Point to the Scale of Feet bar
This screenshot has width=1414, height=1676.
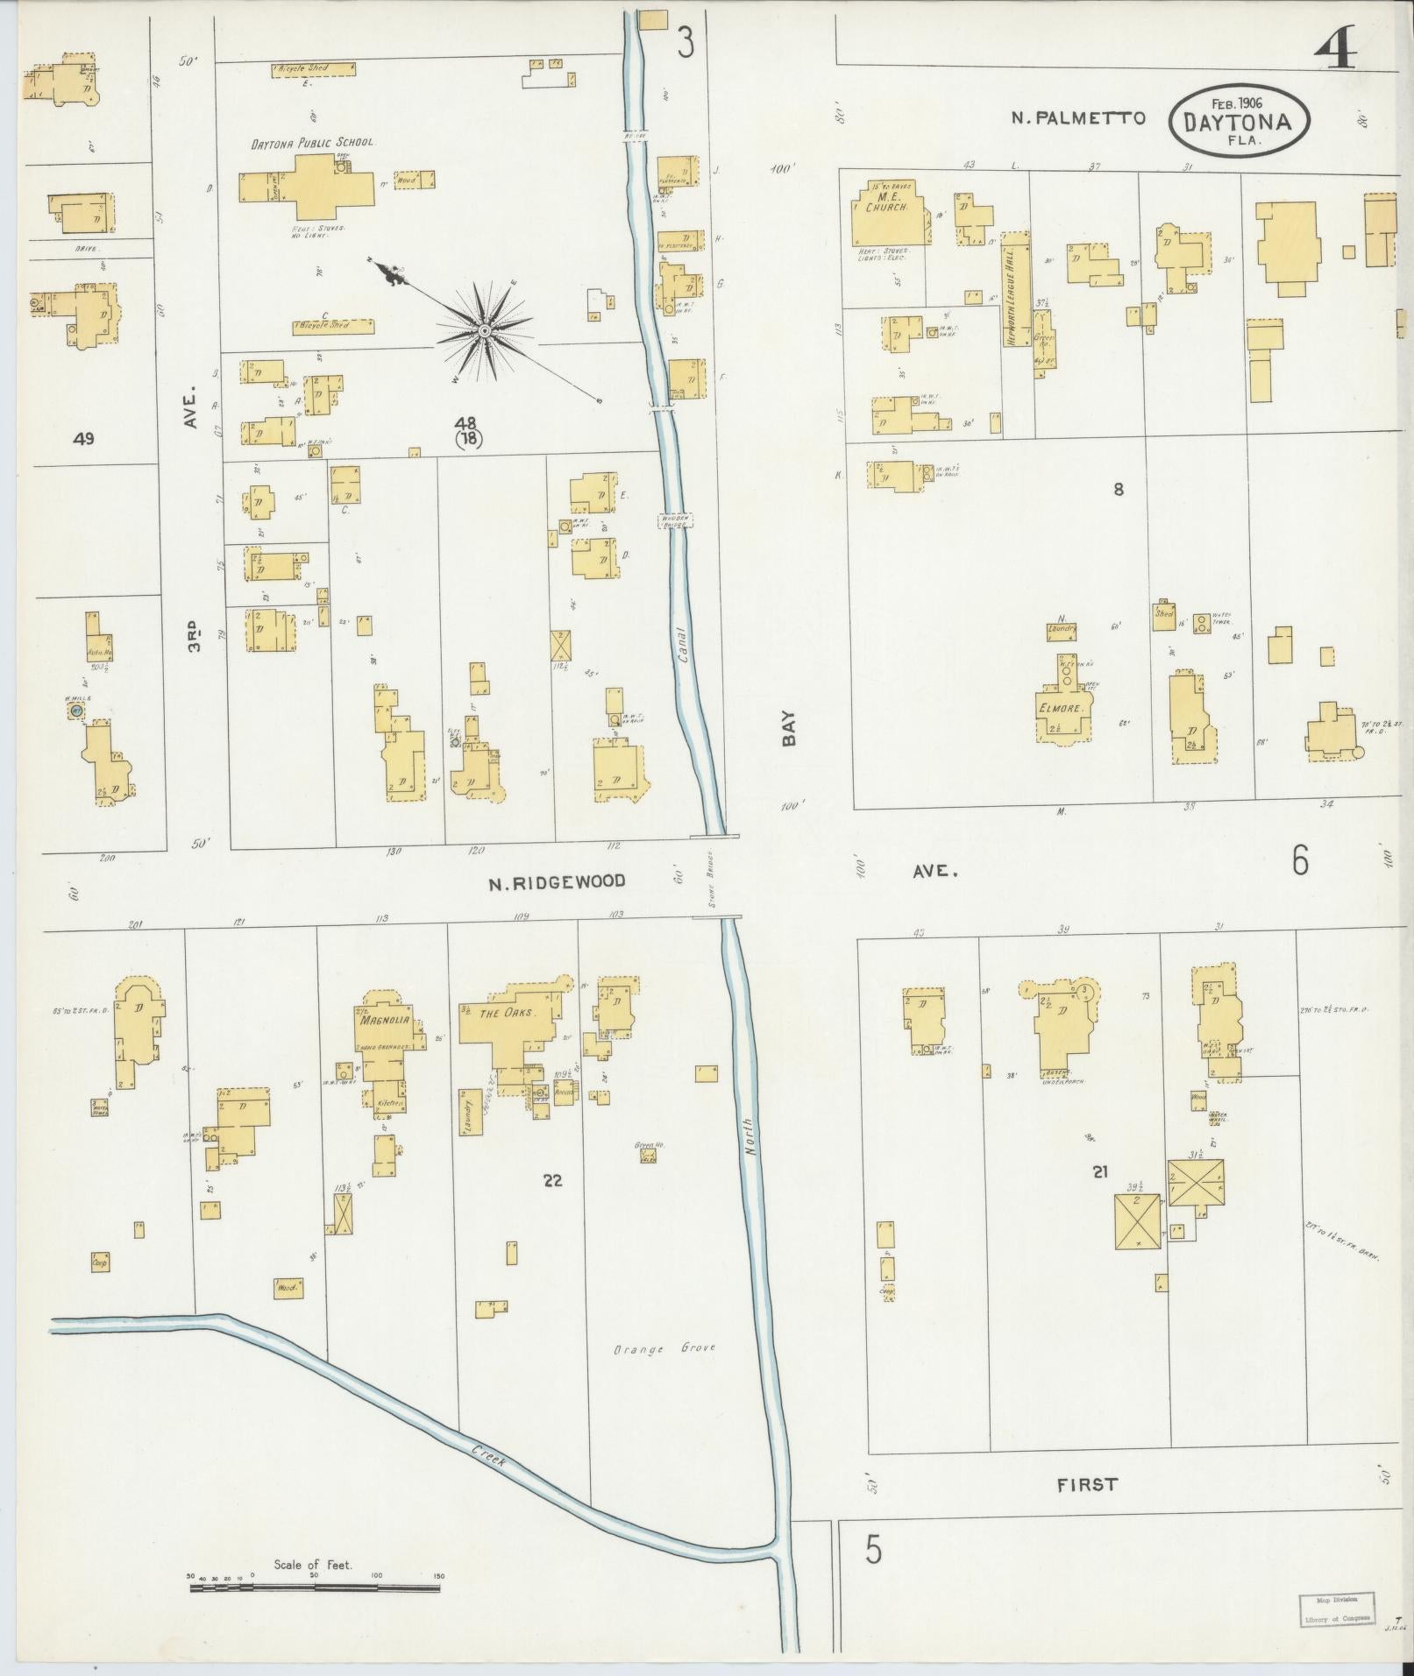point(316,973)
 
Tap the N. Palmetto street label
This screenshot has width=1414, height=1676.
point(1078,117)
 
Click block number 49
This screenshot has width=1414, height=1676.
point(85,438)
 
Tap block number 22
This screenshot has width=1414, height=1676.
point(551,1180)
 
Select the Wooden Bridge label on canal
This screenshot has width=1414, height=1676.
point(676,520)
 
